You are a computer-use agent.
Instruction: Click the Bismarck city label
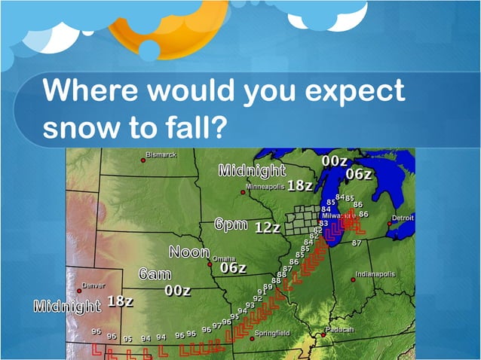tap(161, 155)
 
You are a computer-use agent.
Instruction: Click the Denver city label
tap(93, 286)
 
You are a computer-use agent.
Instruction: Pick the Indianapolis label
tap(375, 274)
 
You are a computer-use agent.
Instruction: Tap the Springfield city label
tap(272, 332)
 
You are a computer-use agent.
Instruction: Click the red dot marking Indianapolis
tap(353, 279)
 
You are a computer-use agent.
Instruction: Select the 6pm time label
tap(230, 224)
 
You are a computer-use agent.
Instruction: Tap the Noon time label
tap(188, 252)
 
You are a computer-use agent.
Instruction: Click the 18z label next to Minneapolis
tap(300, 185)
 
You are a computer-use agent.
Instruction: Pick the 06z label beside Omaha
tap(233, 267)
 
